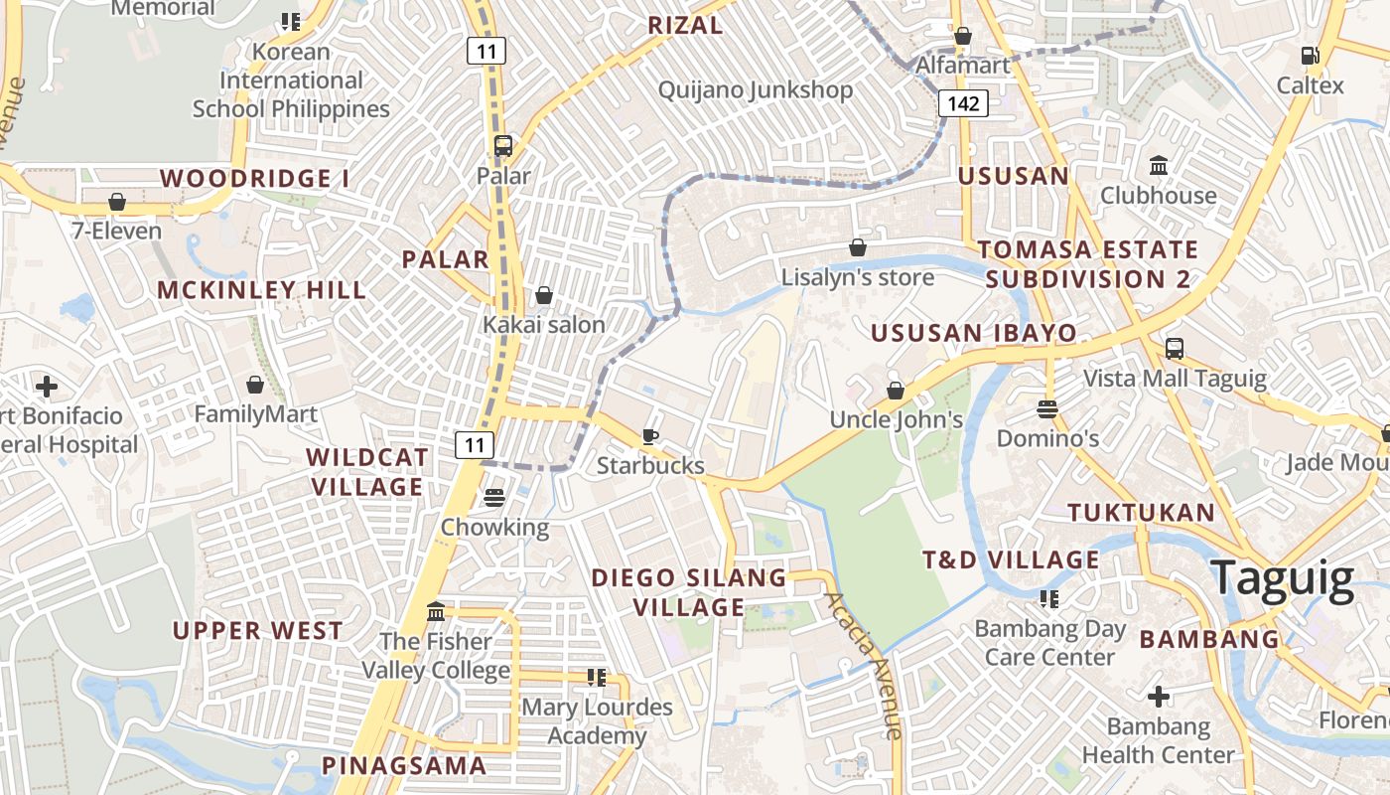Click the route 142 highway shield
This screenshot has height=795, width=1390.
click(x=963, y=103)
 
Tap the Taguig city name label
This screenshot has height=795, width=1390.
click(x=1283, y=578)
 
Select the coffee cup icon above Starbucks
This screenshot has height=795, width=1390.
click(x=650, y=436)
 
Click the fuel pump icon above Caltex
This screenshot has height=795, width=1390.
click(x=1310, y=56)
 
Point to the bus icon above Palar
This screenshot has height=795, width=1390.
click(x=503, y=146)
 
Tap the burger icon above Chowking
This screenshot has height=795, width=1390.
click(x=494, y=497)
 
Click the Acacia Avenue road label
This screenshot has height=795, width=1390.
click(x=864, y=665)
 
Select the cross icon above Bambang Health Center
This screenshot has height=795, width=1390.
click(x=1158, y=697)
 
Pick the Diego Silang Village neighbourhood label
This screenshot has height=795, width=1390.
click(x=689, y=592)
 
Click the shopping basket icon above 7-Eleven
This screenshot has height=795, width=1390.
click(x=117, y=202)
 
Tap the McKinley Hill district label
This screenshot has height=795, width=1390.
click(x=262, y=290)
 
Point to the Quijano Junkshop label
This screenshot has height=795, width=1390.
click(x=756, y=90)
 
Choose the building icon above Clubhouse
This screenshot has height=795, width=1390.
click(x=1158, y=165)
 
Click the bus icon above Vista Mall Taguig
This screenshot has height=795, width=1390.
click(x=1175, y=349)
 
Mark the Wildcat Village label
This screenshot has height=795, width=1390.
click(x=367, y=472)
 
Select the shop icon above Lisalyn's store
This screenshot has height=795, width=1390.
click(x=858, y=246)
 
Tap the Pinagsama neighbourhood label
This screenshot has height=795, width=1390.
click(x=404, y=765)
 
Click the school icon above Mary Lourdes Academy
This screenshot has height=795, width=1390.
click(x=597, y=678)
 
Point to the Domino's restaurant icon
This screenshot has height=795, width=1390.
click(x=1047, y=408)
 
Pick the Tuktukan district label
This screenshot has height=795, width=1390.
click(x=1141, y=513)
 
